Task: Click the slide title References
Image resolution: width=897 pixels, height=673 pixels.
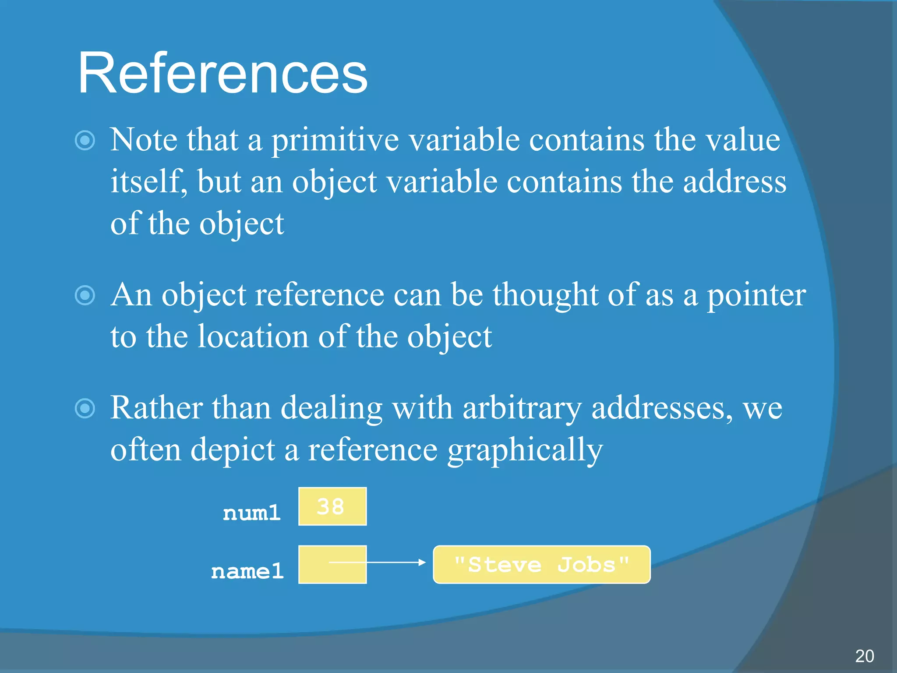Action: [222, 73]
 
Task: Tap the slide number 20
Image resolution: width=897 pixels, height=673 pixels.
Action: [864, 656]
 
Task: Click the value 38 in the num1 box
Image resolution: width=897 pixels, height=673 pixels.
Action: [331, 507]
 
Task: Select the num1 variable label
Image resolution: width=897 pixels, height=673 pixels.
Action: [251, 513]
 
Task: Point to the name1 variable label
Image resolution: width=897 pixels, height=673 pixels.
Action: [247, 571]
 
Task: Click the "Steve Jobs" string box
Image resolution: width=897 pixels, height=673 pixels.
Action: [541, 564]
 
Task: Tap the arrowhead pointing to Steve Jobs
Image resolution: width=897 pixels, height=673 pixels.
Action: [421, 562]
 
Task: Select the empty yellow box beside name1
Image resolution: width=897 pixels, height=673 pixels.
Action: [332, 564]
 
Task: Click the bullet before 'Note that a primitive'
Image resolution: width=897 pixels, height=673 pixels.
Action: [85, 141]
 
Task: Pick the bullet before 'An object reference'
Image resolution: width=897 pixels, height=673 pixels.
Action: [85, 295]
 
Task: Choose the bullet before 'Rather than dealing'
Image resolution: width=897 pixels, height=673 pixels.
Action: [85, 408]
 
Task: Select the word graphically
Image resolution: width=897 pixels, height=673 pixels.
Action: [525, 450]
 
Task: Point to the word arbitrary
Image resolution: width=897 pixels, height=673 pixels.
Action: [522, 408]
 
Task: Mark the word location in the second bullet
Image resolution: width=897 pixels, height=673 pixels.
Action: [253, 337]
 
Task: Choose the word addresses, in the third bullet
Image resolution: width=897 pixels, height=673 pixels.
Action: [662, 408]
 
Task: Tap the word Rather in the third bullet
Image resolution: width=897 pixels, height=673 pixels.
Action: [156, 408]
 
